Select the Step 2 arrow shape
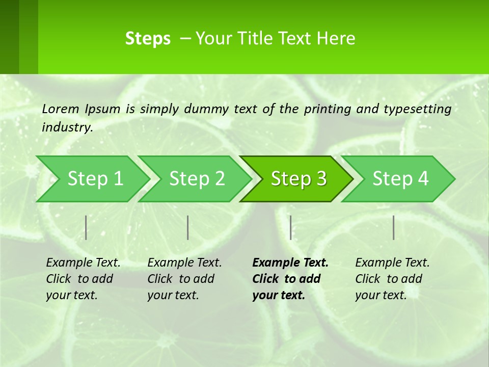(x=197, y=179)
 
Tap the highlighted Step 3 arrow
(x=298, y=179)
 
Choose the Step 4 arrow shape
(x=400, y=179)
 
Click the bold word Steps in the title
(x=148, y=39)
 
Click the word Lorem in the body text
(x=61, y=109)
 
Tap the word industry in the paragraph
(x=67, y=127)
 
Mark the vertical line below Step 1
(x=86, y=227)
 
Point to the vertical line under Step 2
(x=188, y=227)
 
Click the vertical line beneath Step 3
(x=290, y=227)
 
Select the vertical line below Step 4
(x=393, y=227)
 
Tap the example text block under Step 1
(x=83, y=279)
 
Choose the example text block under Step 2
(x=184, y=279)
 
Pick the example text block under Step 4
(x=392, y=279)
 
